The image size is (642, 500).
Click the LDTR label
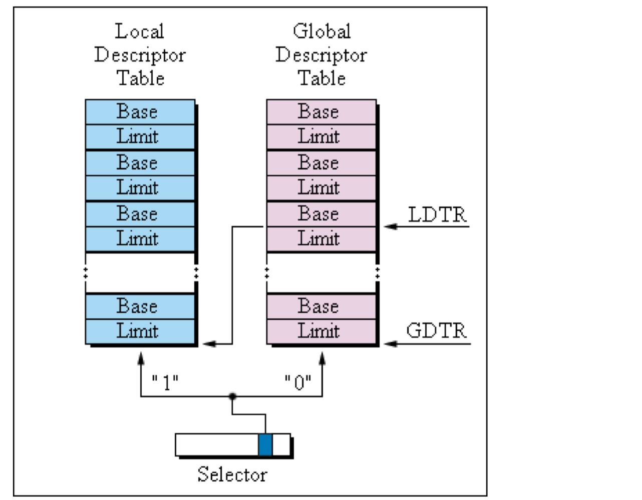coord(437,214)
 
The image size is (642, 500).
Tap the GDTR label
coord(436,331)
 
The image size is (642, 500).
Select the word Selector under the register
coord(232,474)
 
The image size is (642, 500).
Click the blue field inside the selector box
coord(265,445)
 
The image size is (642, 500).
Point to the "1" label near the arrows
coord(165,382)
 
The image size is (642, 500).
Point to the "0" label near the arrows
coord(298,382)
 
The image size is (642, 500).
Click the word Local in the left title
coord(139,31)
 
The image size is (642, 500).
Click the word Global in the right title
coord(322,31)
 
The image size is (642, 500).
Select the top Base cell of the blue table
coord(140,111)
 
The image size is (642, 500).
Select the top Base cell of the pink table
coord(321,111)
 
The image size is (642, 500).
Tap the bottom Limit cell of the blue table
coord(140,331)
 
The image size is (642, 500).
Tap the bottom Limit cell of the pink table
coord(321,331)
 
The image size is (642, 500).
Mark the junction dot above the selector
coord(232,396)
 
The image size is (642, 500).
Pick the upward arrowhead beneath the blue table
coord(141,357)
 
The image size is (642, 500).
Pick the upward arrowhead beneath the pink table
coord(322,357)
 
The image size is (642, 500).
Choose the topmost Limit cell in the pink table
coord(321,136)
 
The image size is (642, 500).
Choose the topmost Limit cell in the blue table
coord(140,136)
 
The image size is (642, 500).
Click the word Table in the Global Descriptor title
coord(322,78)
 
